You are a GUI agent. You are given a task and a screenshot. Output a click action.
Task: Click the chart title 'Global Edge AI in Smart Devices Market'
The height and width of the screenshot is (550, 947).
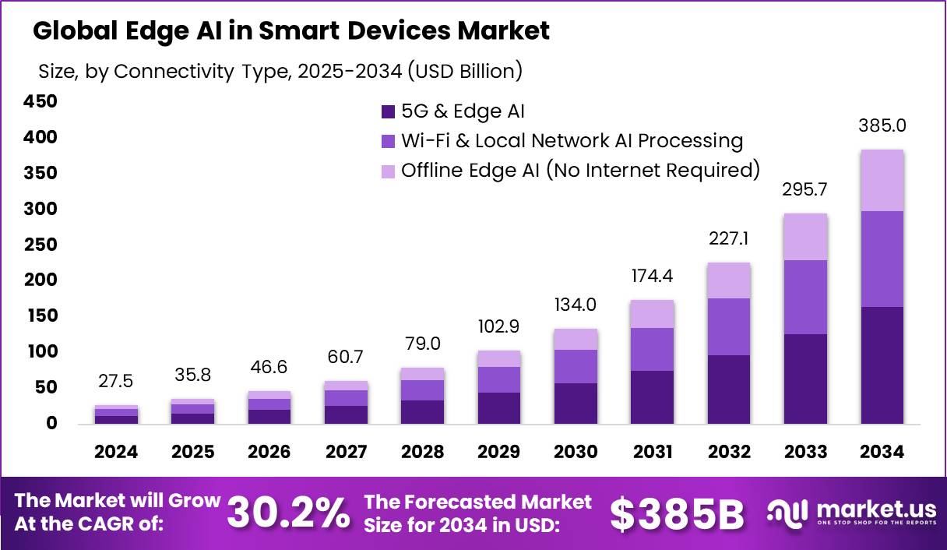point(291,31)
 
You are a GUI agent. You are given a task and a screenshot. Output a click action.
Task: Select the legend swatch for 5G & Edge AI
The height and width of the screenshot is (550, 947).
point(389,111)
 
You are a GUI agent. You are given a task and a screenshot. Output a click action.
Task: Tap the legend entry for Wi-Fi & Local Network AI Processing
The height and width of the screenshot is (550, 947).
point(572,141)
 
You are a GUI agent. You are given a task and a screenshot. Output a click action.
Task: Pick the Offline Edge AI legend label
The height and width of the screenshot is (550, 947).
point(580,171)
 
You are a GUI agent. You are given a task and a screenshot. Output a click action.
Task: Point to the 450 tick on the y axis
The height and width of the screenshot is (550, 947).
point(40,102)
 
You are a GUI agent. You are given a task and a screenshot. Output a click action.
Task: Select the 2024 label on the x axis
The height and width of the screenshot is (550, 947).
point(117,453)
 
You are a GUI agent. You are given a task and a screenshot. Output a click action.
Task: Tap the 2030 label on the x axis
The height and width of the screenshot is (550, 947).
point(576,453)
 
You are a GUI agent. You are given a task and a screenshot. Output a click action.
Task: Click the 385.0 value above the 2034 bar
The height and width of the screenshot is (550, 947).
point(882,125)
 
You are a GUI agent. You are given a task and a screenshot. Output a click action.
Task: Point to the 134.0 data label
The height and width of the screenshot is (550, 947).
point(576,305)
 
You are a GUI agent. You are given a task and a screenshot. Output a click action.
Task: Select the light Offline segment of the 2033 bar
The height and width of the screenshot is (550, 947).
point(806,237)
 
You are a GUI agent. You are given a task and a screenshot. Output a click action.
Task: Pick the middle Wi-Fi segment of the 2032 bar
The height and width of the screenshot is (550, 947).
point(729,326)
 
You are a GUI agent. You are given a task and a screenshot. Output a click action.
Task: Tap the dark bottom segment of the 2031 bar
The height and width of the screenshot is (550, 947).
point(653,397)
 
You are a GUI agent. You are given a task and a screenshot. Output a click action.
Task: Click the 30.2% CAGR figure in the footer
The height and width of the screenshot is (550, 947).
point(288,513)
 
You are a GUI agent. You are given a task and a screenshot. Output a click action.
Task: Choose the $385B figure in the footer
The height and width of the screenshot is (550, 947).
point(676,513)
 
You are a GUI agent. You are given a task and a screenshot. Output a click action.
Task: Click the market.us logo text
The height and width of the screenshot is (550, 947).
point(876,509)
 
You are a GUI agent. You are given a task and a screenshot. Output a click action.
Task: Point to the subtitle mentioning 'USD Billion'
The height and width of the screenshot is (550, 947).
point(280,72)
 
